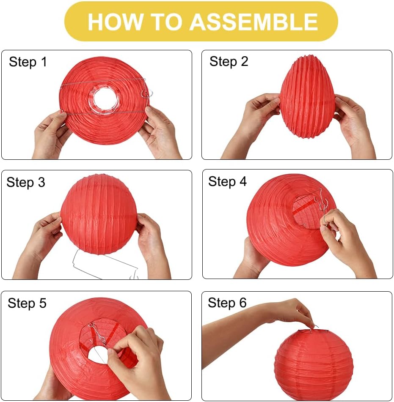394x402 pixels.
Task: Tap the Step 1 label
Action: (x=28, y=62)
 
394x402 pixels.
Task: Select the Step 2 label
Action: (x=229, y=62)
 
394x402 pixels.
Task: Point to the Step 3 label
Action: (x=26, y=182)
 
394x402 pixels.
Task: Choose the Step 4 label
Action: (x=227, y=181)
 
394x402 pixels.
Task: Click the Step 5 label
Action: (x=27, y=303)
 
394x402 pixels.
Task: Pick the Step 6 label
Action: (x=227, y=303)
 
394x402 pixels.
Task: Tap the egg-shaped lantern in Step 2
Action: (x=307, y=97)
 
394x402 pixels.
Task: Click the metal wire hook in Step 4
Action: (x=320, y=208)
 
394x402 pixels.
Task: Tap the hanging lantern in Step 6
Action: (x=314, y=364)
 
